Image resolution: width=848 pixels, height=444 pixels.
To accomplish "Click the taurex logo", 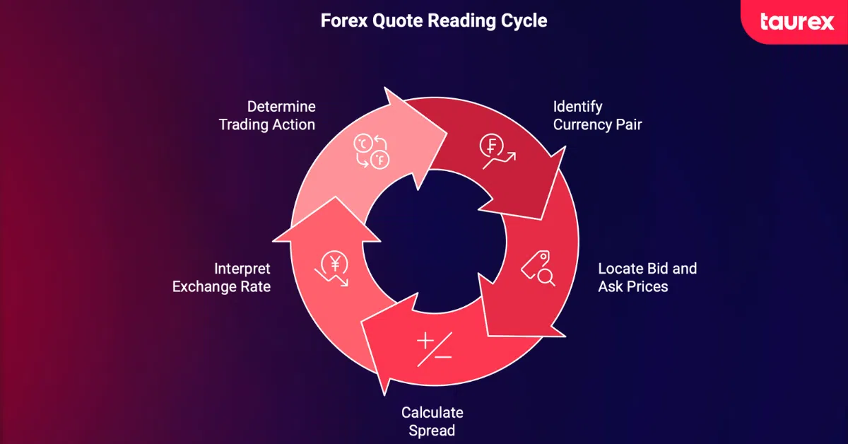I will [797, 21].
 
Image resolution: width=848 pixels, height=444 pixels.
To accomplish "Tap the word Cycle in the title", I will [527, 21].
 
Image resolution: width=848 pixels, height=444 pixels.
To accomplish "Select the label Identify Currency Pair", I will [597, 116].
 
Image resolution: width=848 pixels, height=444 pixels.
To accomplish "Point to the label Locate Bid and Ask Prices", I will [647, 278].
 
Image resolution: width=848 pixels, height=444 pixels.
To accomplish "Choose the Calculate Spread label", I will [432, 421].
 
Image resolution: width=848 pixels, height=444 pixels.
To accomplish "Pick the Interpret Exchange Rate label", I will [221, 278].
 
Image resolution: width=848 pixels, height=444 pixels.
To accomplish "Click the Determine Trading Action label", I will [267, 116].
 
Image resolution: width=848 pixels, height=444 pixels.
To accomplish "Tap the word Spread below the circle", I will [432, 430].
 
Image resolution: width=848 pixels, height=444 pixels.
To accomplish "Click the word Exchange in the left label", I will [206, 287].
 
